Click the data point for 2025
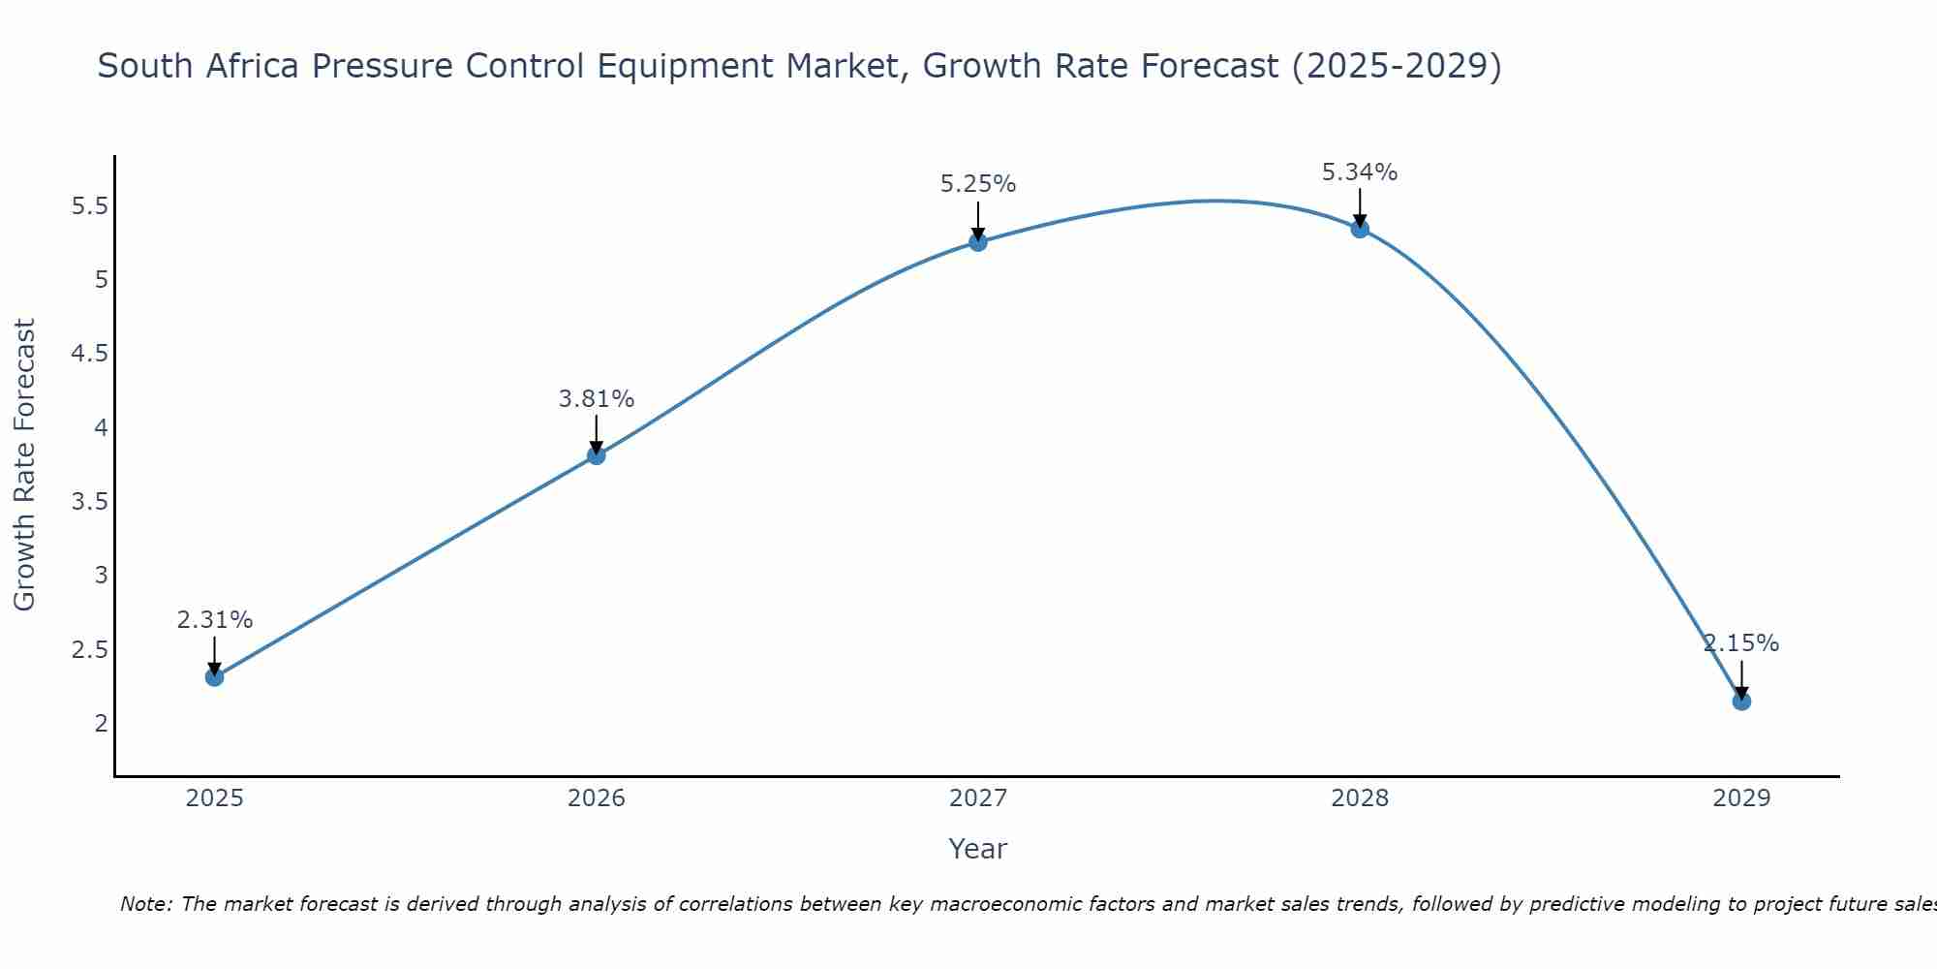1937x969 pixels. click(215, 676)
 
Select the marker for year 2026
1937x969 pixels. click(597, 455)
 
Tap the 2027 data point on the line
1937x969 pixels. click(978, 242)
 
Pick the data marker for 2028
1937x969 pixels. click(1360, 229)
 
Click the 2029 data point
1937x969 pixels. click(1741, 701)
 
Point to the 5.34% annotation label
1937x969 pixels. click(1360, 172)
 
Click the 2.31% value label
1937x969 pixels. click(215, 620)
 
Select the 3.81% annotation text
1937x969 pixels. click(597, 399)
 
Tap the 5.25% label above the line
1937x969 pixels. click(978, 184)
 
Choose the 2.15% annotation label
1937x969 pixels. click(1741, 643)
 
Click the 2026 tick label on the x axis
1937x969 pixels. click(597, 798)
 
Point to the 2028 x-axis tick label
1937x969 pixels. click(1360, 798)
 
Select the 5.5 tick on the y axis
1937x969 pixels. click(90, 206)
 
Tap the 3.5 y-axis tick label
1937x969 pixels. click(90, 502)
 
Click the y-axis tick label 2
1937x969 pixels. click(101, 723)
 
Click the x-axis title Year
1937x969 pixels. click(978, 849)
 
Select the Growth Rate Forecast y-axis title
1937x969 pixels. click(25, 465)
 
